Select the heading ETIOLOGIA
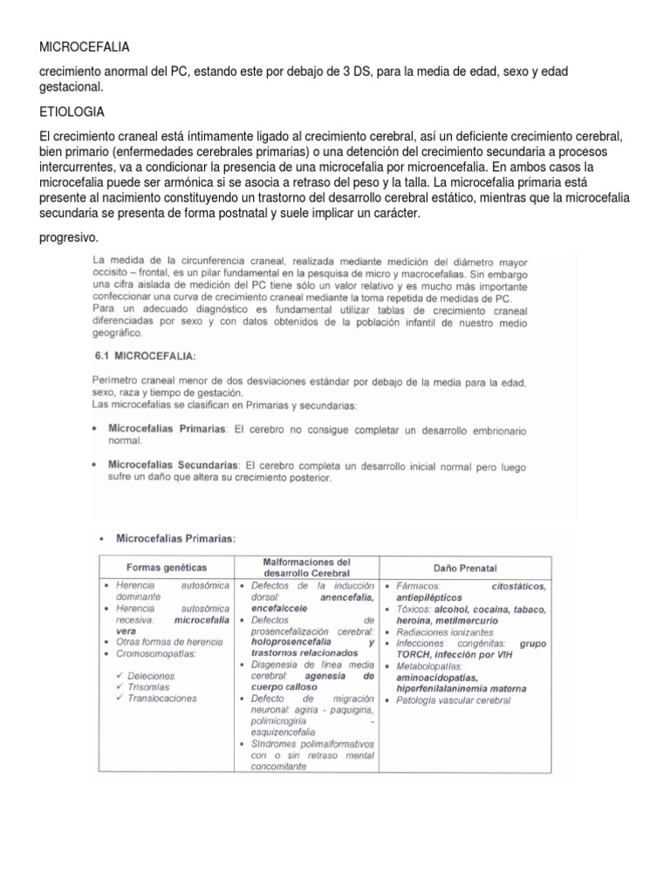73,112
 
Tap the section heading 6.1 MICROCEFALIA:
145,357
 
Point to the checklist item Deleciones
149,675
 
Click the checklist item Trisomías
148,686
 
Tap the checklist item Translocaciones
161,698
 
